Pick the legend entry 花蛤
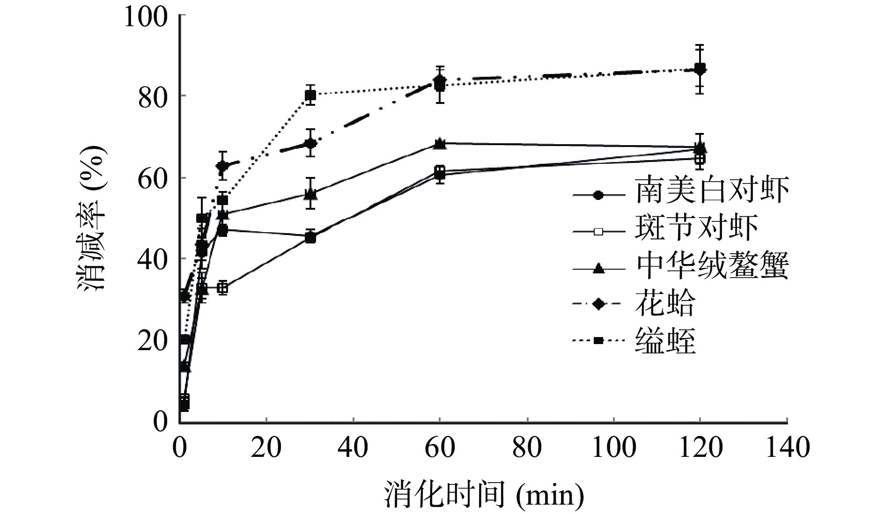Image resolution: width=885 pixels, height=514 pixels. click(665, 304)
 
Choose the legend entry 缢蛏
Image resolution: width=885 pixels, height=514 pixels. click(665, 341)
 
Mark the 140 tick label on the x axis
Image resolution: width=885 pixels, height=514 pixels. click(787, 448)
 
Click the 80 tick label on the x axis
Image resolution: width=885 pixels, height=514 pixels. click(527, 448)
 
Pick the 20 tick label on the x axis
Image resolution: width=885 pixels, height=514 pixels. click(266, 448)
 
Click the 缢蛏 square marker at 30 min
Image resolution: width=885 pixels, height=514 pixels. click(310, 95)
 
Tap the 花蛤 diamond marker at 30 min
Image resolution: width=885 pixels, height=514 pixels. click(310, 143)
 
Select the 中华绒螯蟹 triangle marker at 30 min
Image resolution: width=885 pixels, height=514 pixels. click(310, 193)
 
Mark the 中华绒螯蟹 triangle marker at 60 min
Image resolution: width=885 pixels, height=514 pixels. click(440, 143)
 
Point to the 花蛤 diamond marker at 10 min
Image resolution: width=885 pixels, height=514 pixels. click(223, 166)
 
